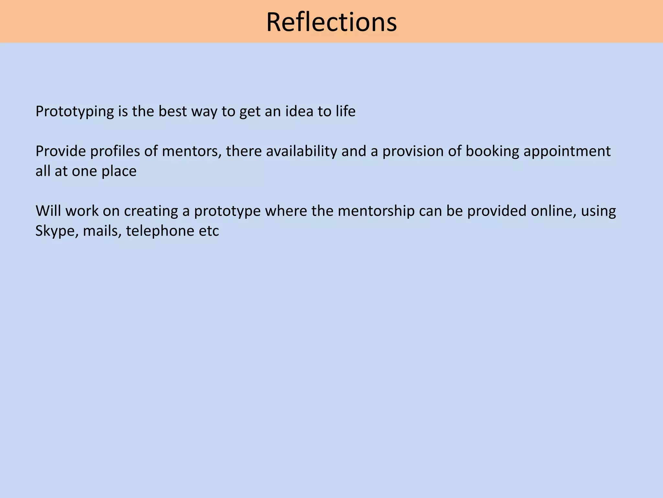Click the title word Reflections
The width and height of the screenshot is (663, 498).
[x=331, y=22]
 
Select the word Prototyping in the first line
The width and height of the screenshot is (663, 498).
[x=74, y=112]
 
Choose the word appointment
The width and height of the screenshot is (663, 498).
[x=567, y=151]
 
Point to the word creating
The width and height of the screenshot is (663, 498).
[x=151, y=211]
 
